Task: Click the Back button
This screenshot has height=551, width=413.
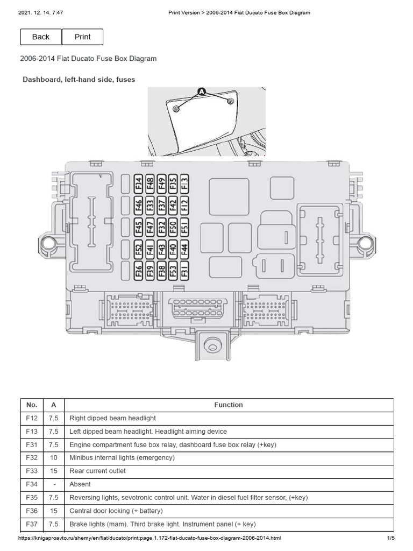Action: click(41, 37)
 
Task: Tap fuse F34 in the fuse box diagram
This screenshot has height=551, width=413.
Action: click(138, 185)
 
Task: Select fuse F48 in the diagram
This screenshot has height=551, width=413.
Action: click(150, 185)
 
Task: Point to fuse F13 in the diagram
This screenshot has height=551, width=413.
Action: click(184, 185)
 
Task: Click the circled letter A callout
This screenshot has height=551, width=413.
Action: click(202, 92)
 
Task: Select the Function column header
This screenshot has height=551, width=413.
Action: click(229, 405)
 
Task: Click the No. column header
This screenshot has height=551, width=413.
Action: click(31, 405)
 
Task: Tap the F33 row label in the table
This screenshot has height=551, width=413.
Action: click(31, 471)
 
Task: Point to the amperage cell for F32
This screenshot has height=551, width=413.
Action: click(53, 458)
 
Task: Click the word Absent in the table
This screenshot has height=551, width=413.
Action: click(80, 484)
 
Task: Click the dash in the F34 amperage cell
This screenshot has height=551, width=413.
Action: click(53, 484)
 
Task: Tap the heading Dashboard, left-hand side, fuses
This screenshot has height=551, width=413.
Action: click(79, 80)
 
